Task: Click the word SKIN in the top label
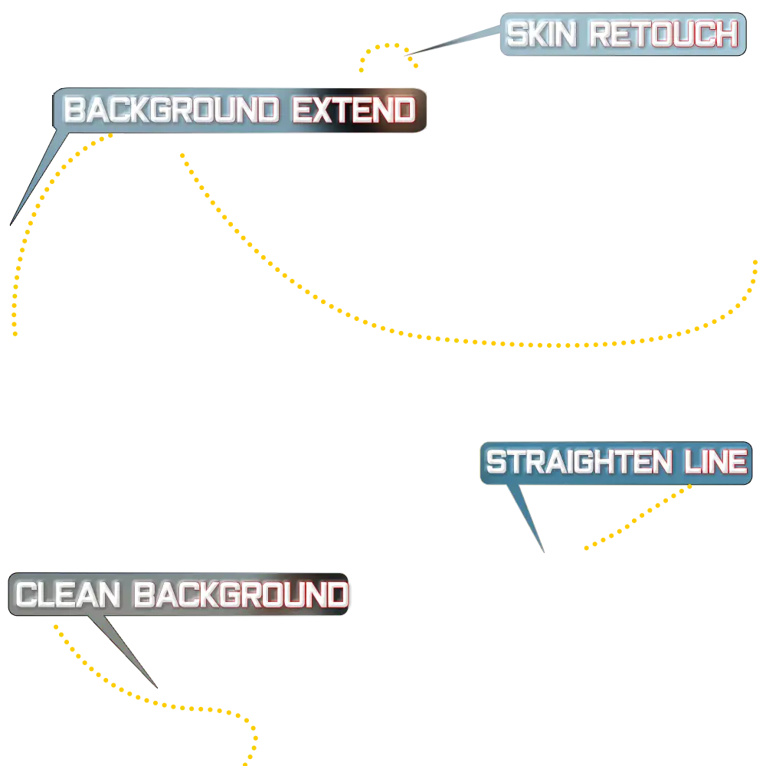point(543,34)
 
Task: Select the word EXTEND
point(354,111)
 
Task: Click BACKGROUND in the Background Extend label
point(171,111)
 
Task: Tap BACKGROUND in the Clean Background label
point(241,595)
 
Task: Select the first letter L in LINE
point(688,463)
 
